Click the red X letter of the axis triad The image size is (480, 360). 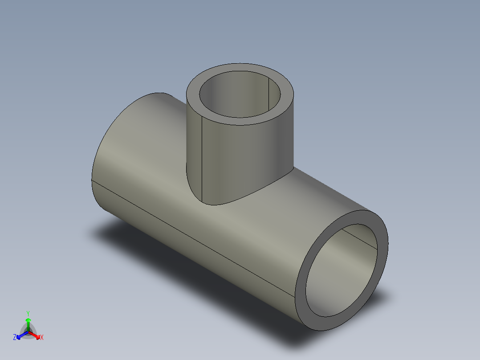click(42, 338)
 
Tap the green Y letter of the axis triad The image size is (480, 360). click(28, 313)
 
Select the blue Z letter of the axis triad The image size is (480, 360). click(15, 338)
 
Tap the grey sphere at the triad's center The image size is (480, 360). click(28, 331)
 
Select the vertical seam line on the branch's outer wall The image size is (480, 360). click(203, 160)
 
